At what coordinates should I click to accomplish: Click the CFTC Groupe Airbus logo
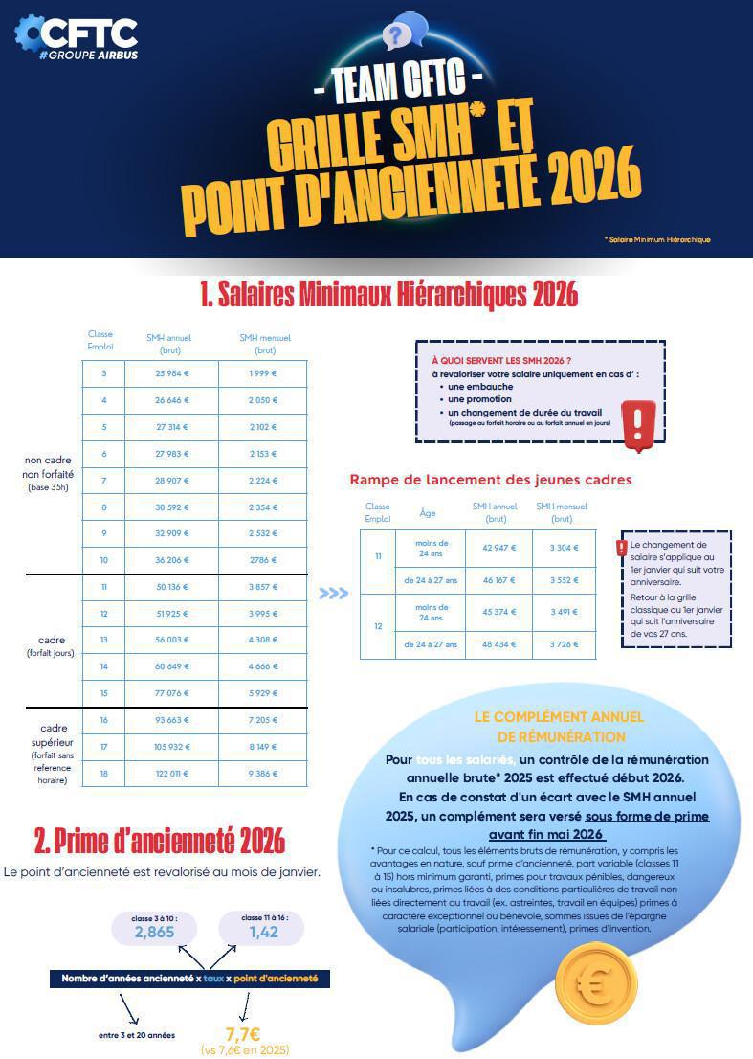pyautogui.click(x=77, y=38)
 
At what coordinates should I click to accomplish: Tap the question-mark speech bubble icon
pyautogui.click(x=403, y=33)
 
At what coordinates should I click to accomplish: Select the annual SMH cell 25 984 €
pyautogui.click(x=172, y=373)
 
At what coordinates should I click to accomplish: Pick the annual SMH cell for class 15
pyautogui.click(x=172, y=693)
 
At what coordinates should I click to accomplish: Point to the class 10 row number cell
pyautogui.click(x=103, y=561)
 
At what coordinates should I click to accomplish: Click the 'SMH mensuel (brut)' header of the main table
pyautogui.click(x=264, y=344)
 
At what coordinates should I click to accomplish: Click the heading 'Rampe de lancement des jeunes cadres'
pyautogui.click(x=491, y=479)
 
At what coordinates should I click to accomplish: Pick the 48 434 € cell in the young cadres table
pyautogui.click(x=498, y=644)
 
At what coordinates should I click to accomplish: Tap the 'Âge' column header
pyautogui.click(x=428, y=512)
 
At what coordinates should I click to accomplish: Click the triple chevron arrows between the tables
pyautogui.click(x=333, y=594)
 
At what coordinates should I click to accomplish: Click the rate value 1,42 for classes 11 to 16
pyautogui.click(x=264, y=932)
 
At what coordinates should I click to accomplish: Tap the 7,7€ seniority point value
pyautogui.click(x=243, y=1034)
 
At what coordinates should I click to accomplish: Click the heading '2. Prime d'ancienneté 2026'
pyautogui.click(x=160, y=840)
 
